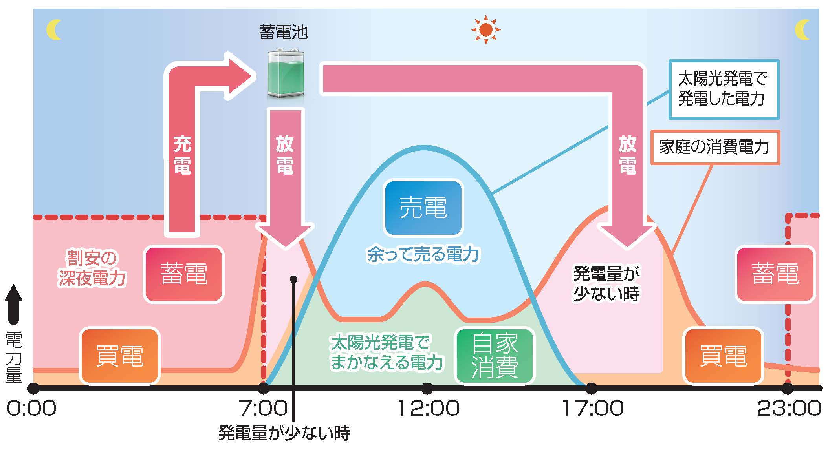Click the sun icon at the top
point(486,29)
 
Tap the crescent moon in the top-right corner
point(803,30)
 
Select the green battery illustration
point(286,74)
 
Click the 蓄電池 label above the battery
point(283,32)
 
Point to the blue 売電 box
point(423,208)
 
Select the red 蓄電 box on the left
point(183,274)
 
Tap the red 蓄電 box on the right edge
point(775,274)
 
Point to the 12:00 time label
point(428,408)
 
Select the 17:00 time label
point(592,408)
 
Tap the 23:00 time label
point(789,408)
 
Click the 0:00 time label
point(31,408)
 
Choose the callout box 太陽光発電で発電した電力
point(724,89)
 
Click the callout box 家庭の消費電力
point(714,147)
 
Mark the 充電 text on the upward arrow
point(182,155)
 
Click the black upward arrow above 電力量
point(14,305)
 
